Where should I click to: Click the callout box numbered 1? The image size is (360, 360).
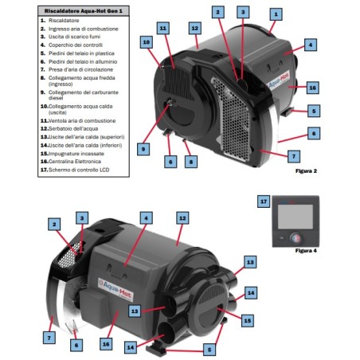pyautogui.click(x=275, y=14)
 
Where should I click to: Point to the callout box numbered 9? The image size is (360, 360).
pyautogui.click(x=143, y=148)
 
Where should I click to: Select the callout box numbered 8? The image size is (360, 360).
pyautogui.click(x=190, y=162)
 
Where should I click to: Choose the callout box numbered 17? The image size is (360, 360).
pyautogui.click(x=264, y=202)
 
